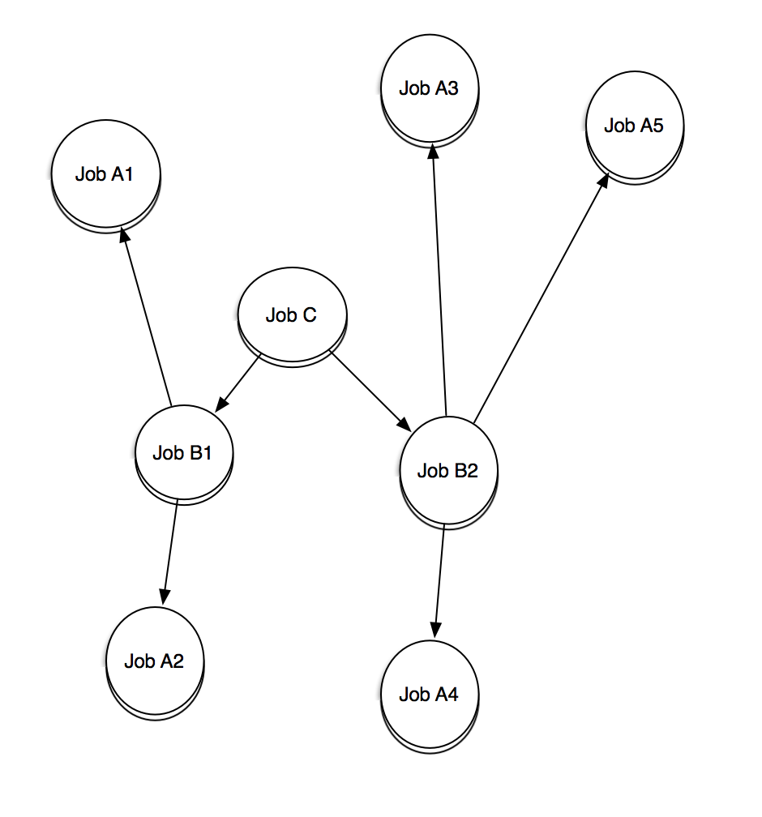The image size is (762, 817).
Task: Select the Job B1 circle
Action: tap(183, 452)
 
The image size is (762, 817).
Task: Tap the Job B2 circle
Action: tap(447, 470)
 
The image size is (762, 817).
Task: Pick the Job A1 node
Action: tap(105, 174)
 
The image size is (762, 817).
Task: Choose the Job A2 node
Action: tap(154, 661)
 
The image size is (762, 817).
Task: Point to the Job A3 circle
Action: tap(429, 88)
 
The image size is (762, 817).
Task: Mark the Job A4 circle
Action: tap(429, 695)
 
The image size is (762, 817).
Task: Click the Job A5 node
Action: tap(634, 126)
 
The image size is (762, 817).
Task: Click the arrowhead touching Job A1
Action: tap(123, 235)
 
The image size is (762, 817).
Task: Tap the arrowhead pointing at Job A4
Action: tap(435, 631)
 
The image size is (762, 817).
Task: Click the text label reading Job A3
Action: tap(429, 88)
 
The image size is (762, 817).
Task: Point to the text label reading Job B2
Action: tap(447, 471)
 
